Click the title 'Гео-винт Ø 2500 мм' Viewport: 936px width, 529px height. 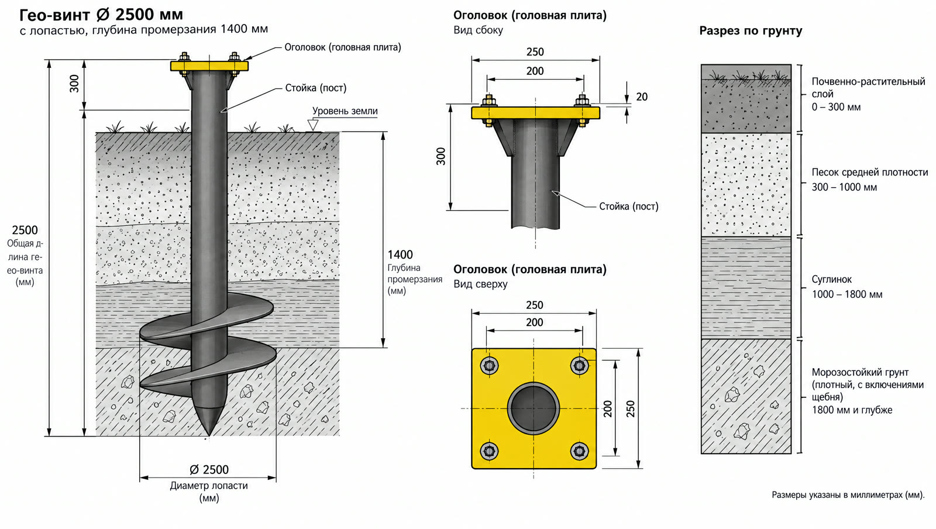click(101, 15)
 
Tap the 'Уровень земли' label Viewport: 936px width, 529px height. click(345, 111)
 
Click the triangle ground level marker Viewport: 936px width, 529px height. click(312, 125)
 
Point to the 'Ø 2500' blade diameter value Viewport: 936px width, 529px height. click(209, 470)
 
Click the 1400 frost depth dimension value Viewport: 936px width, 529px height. click(400, 255)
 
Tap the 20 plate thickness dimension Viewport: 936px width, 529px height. click(642, 97)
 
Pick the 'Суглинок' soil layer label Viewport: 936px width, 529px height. click(831, 279)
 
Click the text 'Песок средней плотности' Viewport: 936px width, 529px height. click(869, 172)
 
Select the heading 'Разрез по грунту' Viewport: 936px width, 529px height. click(751, 31)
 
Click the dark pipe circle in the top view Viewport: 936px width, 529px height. click(534, 408)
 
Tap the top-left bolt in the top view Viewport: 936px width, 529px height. click(489, 366)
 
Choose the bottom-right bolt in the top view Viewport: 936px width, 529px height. click(579, 451)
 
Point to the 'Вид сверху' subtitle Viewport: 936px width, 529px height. click(480, 284)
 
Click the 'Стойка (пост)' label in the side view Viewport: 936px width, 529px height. click(628, 207)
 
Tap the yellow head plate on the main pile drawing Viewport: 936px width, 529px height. click(209, 66)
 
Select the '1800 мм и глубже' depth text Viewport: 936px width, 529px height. click(852, 410)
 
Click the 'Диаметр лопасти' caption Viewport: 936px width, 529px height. click(209, 486)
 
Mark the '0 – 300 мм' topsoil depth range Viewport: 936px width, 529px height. click(836, 107)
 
